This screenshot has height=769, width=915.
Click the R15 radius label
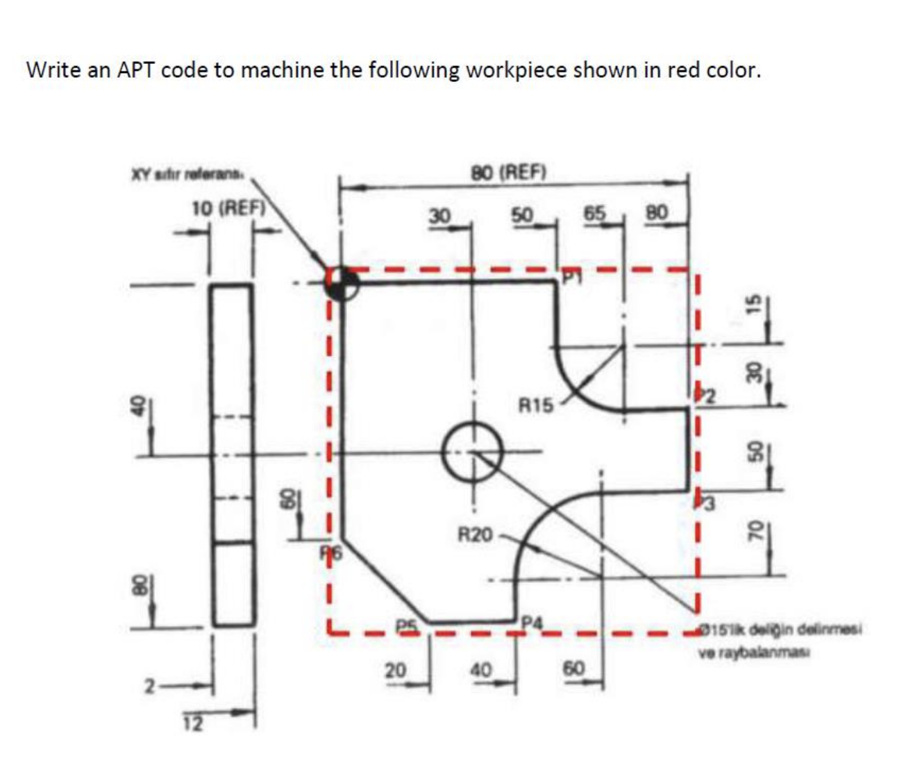coord(537,404)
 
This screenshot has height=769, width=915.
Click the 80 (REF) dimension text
coord(510,171)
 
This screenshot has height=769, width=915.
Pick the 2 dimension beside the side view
coord(149,687)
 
